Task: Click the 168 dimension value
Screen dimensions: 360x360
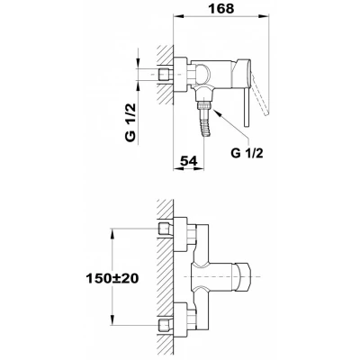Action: tap(221, 9)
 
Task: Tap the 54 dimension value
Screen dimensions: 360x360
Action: tap(189, 161)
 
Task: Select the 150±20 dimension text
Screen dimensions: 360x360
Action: tap(112, 279)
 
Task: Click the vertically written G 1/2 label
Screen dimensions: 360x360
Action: tap(130, 122)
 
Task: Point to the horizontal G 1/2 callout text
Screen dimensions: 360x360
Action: tap(247, 153)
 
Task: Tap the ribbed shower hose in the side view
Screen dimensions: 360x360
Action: tap(206, 124)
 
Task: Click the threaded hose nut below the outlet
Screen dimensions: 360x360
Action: tap(203, 105)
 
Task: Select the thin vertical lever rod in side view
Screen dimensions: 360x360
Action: tap(246, 107)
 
